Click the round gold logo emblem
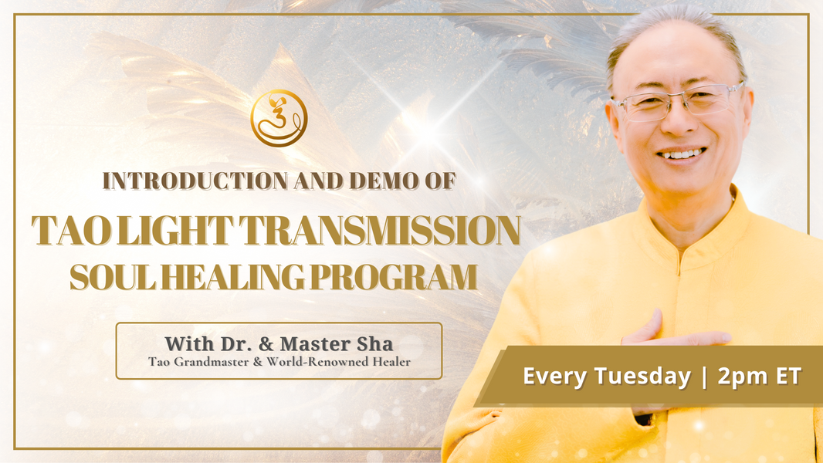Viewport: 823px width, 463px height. click(279, 118)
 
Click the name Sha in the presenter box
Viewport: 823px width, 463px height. click(375, 343)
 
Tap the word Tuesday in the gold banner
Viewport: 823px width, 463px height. click(643, 377)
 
